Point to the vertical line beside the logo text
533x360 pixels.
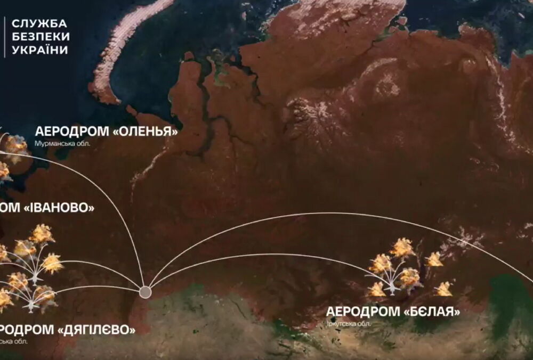5,37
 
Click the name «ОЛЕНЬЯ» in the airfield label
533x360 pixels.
146,131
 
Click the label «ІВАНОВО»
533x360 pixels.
59,208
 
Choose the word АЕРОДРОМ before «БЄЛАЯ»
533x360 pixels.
362,312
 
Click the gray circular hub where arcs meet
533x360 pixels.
145,292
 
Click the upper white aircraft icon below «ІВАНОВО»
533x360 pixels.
35,278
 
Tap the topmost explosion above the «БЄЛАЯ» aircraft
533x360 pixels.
402,247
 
